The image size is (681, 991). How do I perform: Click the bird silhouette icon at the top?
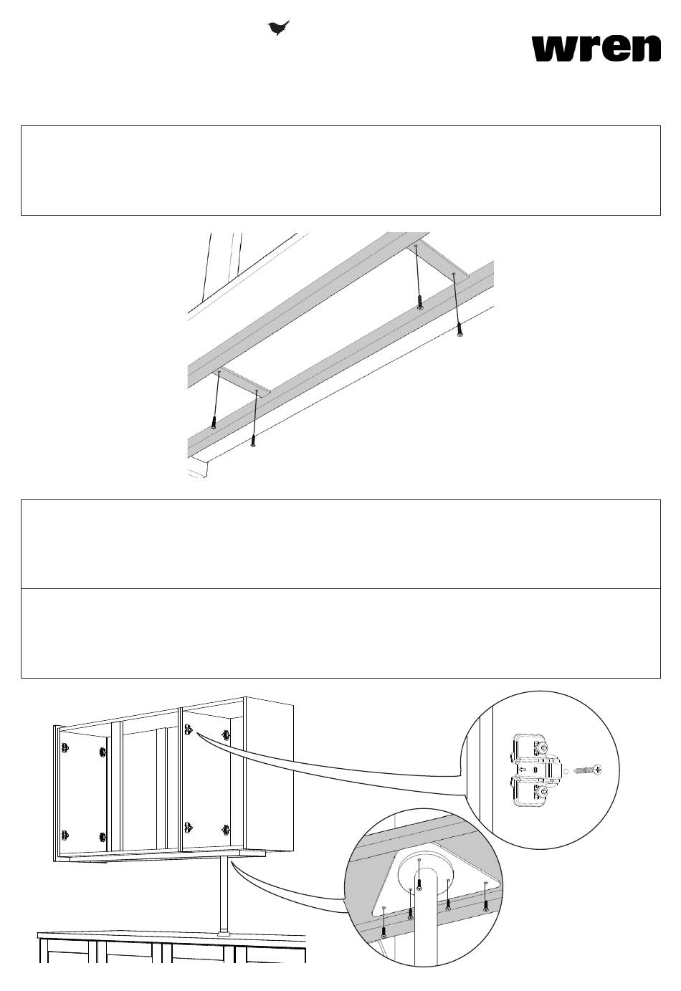pyautogui.click(x=278, y=27)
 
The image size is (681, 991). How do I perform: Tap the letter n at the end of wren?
pyautogui.click(x=646, y=49)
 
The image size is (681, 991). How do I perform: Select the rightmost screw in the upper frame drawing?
pyautogui.click(x=461, y=329)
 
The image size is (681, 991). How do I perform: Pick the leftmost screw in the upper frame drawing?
pyautogui.click(x=214, y=422)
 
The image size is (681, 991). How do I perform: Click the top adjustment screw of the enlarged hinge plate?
pyautogui.click(x=543, y=747)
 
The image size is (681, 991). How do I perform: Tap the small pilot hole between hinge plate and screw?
pyautogui.click(x=566, y=771)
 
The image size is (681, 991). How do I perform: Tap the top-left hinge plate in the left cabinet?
pyautogui.click(x=65, y=748)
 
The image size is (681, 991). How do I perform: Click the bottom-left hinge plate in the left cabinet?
pyautogui.click(x=65, y=836)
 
